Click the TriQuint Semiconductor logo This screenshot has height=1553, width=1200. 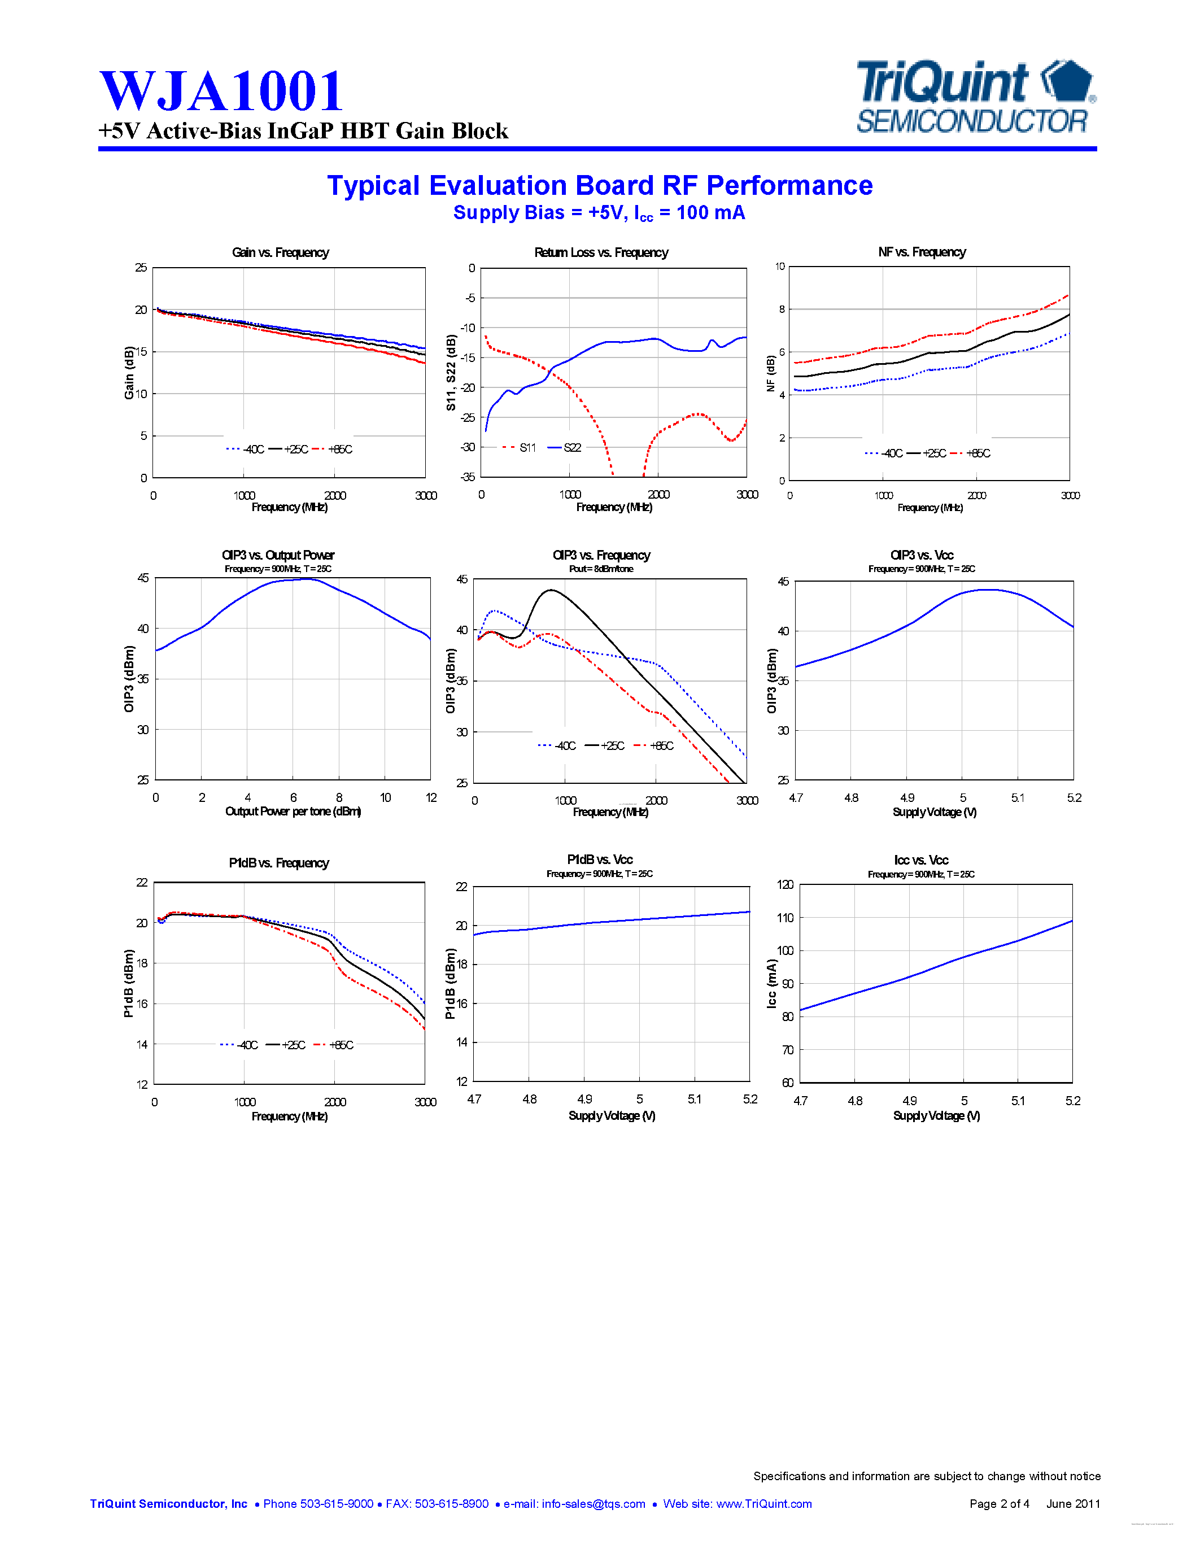click(975, 98)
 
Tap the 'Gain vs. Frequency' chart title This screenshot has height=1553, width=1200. click(280, 252)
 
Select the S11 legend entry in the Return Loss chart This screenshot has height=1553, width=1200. click(527, 447)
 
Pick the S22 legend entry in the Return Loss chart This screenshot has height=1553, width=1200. click(571, 447)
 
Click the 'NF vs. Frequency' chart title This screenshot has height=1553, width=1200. click(922, 252)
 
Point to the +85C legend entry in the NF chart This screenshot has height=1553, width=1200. click(978, 453)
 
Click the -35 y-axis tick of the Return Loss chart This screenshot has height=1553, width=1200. click(467, 477)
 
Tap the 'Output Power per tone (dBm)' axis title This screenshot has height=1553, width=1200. click(293, 812)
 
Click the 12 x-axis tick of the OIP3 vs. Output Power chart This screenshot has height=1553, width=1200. click(431, 798)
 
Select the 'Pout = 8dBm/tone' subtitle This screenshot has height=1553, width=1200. click(601, 569)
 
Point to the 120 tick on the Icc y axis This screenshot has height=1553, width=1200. click(785, 884)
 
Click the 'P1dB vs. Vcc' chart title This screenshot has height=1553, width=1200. click(599, 859)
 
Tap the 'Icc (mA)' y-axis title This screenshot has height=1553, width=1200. click(771, 983)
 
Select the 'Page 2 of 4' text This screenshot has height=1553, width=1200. click(999, 1503)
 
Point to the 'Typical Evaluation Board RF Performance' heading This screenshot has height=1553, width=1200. click(599, 186)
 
